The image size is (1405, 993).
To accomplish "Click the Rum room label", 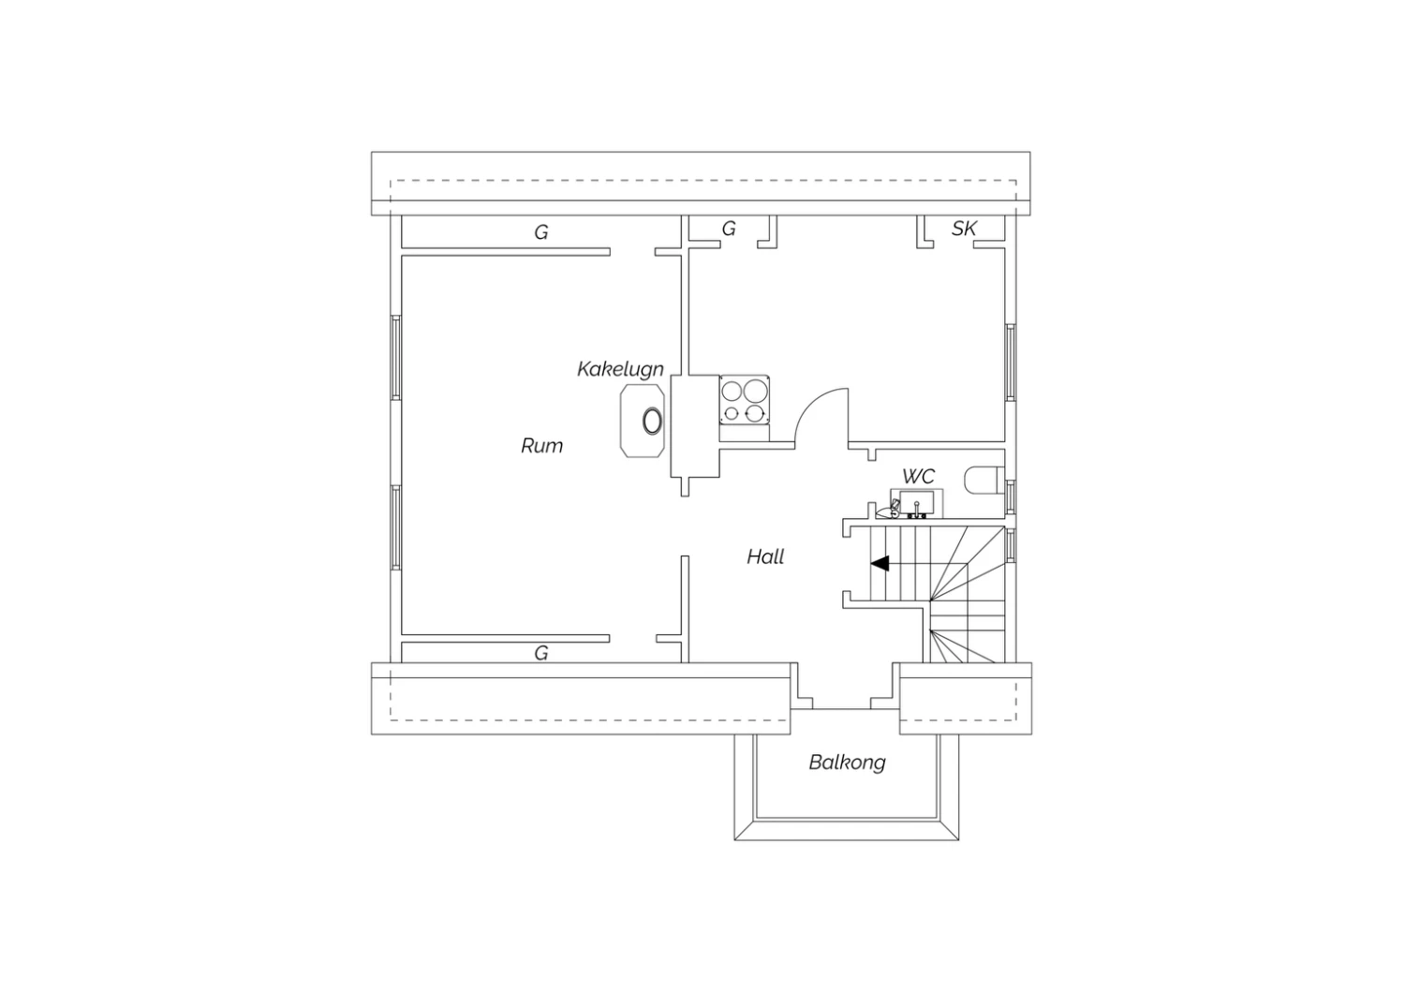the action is click(542, 446).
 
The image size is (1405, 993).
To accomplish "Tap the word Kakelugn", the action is click(620, 369).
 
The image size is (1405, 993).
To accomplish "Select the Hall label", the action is click(765, 556).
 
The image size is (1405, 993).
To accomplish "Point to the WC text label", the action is click(918, 477).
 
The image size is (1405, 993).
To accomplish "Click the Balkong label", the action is click(847, 763).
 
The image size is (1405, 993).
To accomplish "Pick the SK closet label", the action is click(964, 229).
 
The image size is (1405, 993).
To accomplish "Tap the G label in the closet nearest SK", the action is click(728, 229).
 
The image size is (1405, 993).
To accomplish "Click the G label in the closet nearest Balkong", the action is click(541, 654).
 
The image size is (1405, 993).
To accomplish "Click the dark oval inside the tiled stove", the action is click(652, 421).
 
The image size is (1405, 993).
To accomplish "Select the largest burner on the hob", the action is click(755, 391).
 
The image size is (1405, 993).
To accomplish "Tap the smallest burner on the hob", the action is click(732, 413).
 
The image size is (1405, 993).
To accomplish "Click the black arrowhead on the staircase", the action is click(880, 563).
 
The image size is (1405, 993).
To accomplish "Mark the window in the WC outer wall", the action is click(1011, 497).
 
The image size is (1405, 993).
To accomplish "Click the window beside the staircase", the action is click(1011, 546).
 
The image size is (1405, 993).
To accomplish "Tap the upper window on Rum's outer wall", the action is click(396, 358).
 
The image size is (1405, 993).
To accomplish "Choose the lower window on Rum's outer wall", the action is click(396, 527).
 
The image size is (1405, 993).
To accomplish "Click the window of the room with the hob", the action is click(1011, 363).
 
